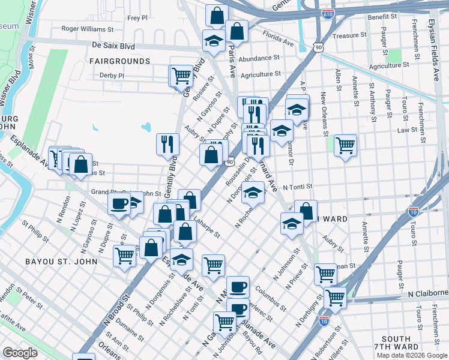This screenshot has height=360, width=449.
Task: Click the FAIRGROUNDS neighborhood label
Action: (x=119, y=61)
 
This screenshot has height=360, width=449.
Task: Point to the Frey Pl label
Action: (x=137, y=18)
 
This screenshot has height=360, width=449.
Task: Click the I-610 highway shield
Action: (x=328, y=13)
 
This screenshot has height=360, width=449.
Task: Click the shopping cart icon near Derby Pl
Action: (x=181, y=76)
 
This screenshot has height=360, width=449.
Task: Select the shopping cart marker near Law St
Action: (x=345, y=144)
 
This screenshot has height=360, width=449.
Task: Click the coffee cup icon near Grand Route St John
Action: (x=119, y=203)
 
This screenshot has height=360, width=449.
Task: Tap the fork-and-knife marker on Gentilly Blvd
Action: (x=167, y=143)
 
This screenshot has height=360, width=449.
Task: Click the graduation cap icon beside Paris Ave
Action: (x=213, y=40)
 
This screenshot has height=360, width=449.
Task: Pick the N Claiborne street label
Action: (x=427, y=294)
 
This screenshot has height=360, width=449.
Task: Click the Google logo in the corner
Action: (x=20, y=353)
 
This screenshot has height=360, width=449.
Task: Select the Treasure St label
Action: (x=345, y=36)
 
